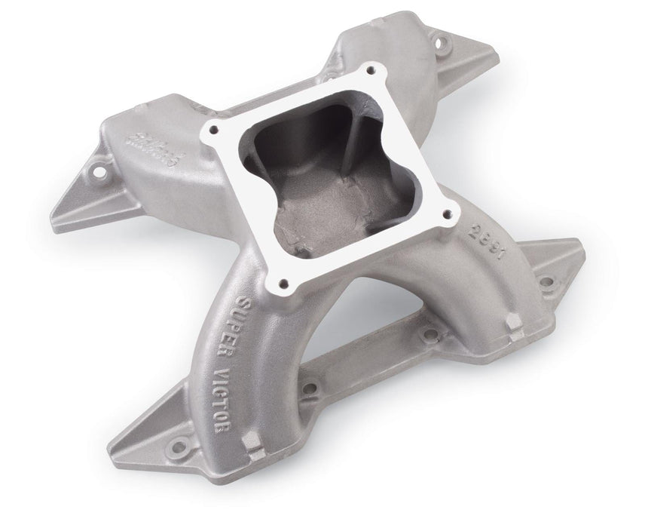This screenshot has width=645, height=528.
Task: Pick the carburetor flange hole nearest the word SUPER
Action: tap(282, 284)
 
